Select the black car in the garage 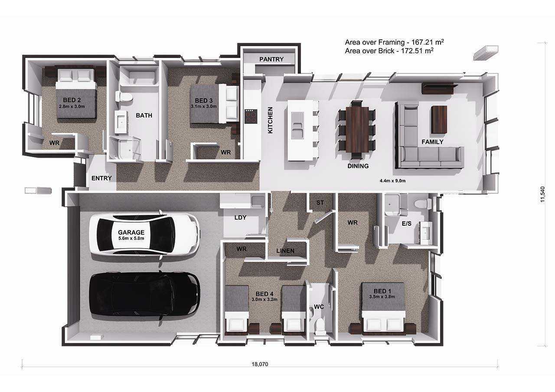144,295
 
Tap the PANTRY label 271,59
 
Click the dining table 357,129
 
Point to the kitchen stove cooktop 251,116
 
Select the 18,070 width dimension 260,364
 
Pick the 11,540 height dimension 543,194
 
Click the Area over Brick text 389,51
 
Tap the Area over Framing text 394,42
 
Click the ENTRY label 101,178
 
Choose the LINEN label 285,251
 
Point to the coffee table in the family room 439,120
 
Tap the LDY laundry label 240,217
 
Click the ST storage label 320,203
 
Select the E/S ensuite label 406,224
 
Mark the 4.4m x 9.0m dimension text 392,181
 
